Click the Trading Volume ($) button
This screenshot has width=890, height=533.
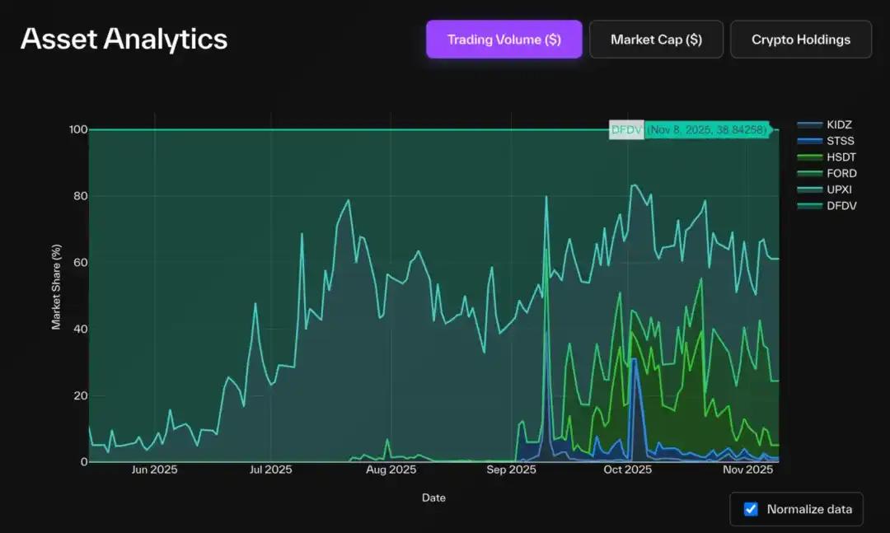pos(504,40)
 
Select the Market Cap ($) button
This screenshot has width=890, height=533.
pos(656,40)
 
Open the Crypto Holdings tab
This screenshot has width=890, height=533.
pos(800,40)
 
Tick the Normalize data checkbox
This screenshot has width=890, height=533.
pos(751,509)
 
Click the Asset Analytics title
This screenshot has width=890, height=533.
pos(124,39)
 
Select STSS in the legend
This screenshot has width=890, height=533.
pos(841,141)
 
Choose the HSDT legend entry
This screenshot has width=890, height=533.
pos(841,157)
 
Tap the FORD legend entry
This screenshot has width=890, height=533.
pos(841,173)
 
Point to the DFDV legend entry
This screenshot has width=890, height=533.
pos(841,205)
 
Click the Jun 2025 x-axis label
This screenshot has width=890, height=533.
pos(154,470)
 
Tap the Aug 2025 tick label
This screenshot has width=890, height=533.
pos(391,470)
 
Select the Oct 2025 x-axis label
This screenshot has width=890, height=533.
pos(627,470)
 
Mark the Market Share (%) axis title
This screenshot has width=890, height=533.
pos(57,287)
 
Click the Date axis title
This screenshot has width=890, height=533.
pos(433,498)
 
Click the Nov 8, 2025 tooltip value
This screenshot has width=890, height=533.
pos(707,129)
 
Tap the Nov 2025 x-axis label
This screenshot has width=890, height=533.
pos(748,470)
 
